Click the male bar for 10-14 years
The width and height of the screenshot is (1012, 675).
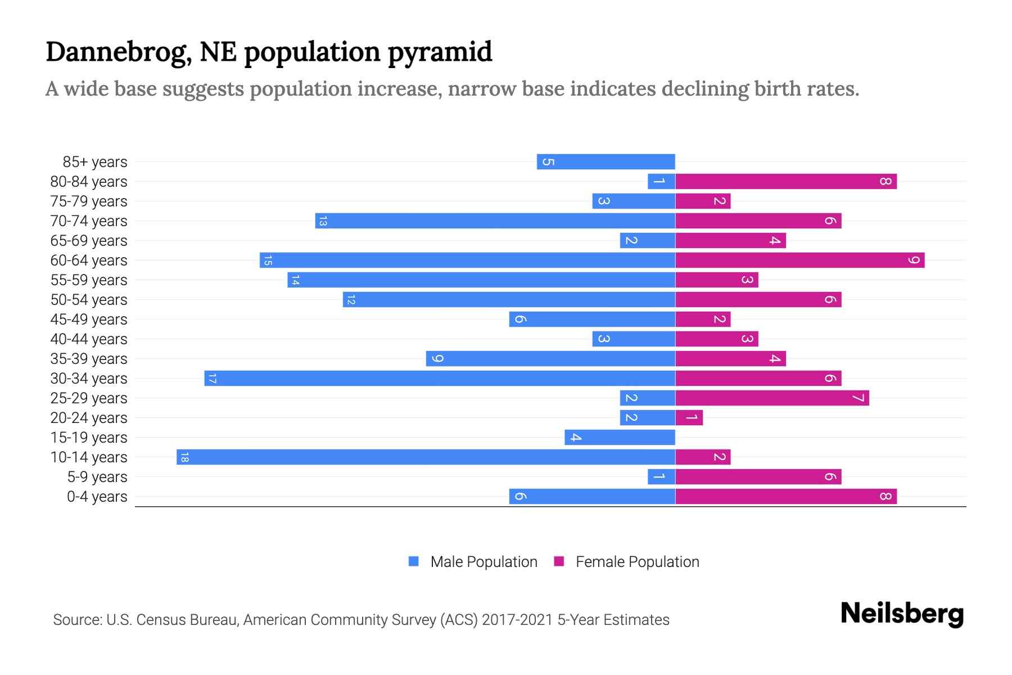[x=426, y=457]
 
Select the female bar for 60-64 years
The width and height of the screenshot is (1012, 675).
[x=799, y=260]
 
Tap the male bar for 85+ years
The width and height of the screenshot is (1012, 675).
[x=606, y=162]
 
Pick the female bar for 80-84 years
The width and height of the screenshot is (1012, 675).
[x=785, y=182]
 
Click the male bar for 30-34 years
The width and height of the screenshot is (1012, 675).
[x=440, y=379]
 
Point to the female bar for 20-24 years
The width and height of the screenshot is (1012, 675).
[x=689, y=418]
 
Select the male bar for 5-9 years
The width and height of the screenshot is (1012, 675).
[x=661, y=477]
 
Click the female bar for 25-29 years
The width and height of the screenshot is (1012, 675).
[x=772, y=398]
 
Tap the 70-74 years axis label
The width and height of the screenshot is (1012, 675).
[x=89, y=221]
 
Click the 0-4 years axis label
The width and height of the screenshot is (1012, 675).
[x=97, y=497]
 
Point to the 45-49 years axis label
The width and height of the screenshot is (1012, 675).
[x=89, y=319]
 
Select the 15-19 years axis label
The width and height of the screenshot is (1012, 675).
[x=89, y=438]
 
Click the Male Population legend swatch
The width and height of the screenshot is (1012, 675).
[x=414, y=561]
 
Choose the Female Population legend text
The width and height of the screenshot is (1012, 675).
[x=637, y=562]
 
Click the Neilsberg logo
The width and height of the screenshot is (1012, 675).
[x=902, y=614]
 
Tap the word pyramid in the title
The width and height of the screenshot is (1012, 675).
[x=439, y=52]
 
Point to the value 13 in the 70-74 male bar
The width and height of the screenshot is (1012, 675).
[x=322, y=221]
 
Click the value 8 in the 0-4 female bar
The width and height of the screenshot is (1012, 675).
[x=885, y=497]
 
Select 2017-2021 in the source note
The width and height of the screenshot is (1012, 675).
[x=517, y=620]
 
